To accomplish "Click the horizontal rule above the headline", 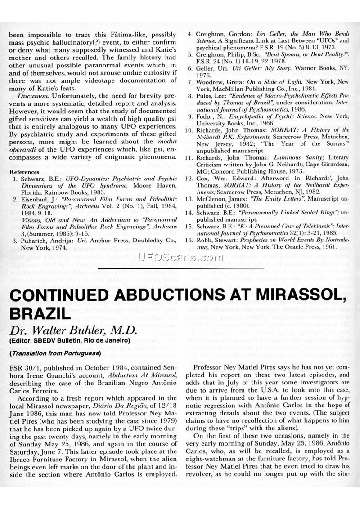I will [180, 268].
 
